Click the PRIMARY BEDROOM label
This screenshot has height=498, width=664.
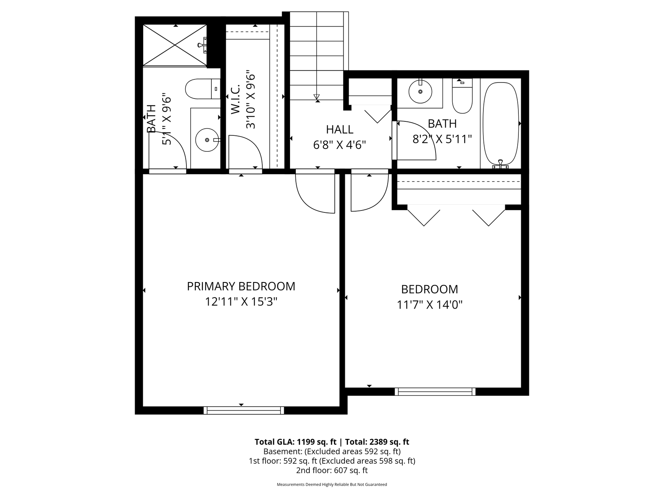(x=241, y=286)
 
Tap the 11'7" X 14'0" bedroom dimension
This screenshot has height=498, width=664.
(x=429, y=305)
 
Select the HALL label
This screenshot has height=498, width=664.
(x=340, y=130)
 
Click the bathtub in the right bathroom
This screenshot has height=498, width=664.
(x=501, y=124)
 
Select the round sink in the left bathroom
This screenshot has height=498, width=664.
(x=207, y=140)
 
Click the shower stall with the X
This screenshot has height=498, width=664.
(x=175, y=45)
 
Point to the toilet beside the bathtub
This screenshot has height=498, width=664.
(x=462, y=96)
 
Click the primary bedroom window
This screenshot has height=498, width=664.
(x=244, y=410)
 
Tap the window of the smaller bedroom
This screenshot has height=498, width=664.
(x=435, y=391)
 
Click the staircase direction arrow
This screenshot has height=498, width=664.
(x=316, y=97)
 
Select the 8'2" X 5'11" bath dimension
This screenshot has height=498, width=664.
(x=442, y=139)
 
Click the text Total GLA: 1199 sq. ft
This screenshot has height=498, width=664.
(x=295, y=442)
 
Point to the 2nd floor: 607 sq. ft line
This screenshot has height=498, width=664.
(x=332, y=470)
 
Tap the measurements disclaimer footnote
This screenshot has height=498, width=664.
(x=332, y=485)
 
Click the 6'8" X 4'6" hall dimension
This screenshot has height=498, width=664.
(x=340, y=145)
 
